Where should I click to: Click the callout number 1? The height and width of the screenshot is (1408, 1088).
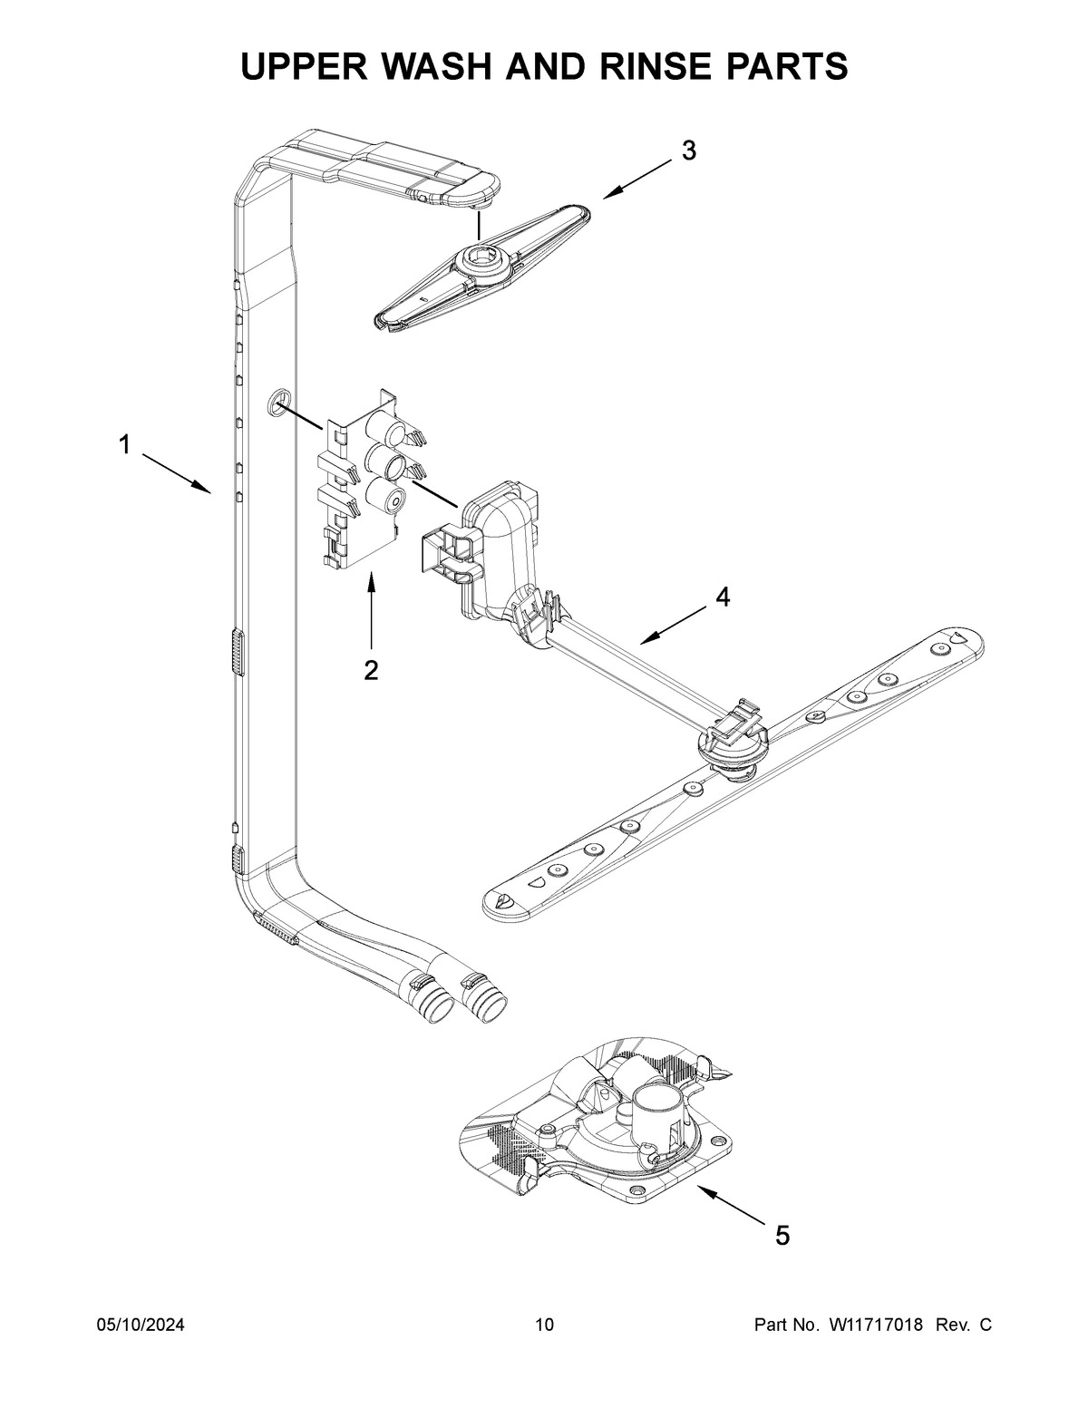click(124, 444)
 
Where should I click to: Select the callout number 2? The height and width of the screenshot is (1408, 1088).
click(371, 670)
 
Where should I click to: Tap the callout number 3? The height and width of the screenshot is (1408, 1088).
click(689, 151)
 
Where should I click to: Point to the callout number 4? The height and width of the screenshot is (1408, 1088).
click(722, 597)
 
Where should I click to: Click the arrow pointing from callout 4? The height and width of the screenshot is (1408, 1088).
click(671, 626)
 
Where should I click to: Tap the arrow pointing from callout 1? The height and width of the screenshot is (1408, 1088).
click(176, 473)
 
